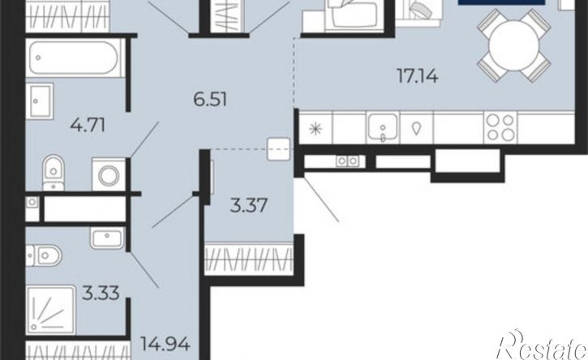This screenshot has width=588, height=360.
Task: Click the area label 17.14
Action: click(418, 76)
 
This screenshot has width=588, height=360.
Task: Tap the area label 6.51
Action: click(210, 100)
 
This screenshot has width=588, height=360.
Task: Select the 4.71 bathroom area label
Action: click(88, 125)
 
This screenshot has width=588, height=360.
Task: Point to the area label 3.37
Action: click(249, 205)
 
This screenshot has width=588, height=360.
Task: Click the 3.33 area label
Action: click(101, 293)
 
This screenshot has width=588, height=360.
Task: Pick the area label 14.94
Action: click(165, 344)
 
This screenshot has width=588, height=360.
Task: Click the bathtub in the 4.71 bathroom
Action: click(75, 58)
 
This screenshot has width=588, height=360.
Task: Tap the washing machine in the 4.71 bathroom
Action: click(109, 174)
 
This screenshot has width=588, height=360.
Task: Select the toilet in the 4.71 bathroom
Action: click(54, 173)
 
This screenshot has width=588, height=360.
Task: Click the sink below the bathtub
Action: click(40, 101)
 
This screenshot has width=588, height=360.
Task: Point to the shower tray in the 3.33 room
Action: click(51, 310)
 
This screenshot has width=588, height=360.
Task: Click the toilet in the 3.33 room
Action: click(44, 255)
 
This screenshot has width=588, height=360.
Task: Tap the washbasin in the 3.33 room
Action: click(107, 238)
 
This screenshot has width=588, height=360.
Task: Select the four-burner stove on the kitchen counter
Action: click(500, 127)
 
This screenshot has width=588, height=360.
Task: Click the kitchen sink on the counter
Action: click(383, 127)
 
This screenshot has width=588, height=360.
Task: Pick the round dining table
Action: click(513, 45)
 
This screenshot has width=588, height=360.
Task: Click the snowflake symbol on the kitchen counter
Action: click(315, 129)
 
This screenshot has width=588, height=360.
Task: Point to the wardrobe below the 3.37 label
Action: click(249, 259)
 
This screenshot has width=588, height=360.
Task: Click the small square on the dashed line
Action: click(279, 149)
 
